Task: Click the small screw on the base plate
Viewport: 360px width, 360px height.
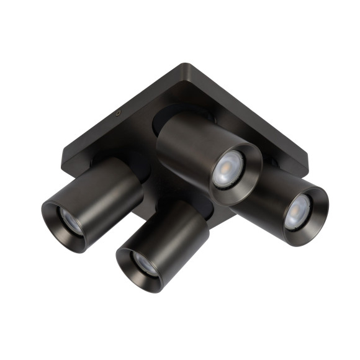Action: point(117,114)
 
